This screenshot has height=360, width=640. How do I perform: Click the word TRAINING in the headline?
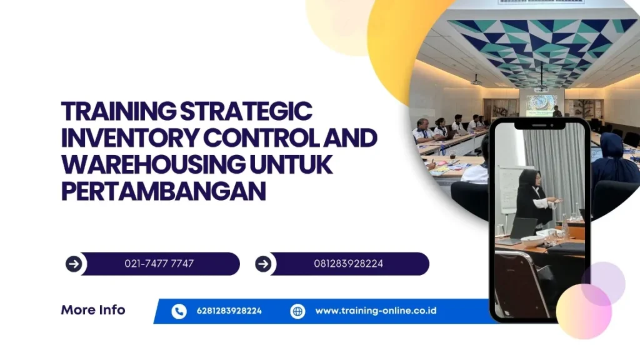pyautogui.click(x=118, y=111)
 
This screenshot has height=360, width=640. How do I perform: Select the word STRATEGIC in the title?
pyautogui.click(x=246, y=111)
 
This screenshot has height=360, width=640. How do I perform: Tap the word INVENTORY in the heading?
pyautogui.click(x=130, y=138)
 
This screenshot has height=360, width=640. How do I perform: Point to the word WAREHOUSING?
pyautogui.click(x=154, y=164)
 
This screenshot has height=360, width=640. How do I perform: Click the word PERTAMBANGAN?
pyautogui.click(x=163, y=191)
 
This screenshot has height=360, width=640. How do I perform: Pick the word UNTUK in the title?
pyautogui.click(x=291, y=164)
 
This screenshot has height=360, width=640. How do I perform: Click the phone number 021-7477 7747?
pyautogui.click(x=159, y=264)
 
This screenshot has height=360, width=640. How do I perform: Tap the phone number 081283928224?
pyautogui.click(x=349, y=264)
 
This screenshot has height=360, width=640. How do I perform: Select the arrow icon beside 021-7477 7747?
pyautogui.click(x=74, y=264)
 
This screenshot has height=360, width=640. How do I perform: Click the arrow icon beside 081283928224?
pyautogui.click(x=263, y=264)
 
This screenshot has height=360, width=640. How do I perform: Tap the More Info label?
pyautogui.click(x=93, y=310)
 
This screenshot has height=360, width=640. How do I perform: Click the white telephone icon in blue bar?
pyautogui.click(x=179, y=311)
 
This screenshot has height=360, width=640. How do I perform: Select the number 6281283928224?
pyautogui.click(x=229, y=311)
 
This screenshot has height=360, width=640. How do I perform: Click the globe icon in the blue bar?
pyautogui.click(x=297, y=311)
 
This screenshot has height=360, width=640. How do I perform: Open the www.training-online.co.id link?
pyautogui.click(x=376, y=311)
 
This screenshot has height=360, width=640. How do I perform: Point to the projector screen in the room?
pyautogui.click(x=541, y=104)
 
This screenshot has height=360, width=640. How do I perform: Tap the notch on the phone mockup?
pyautogui.click(x=539, y=125)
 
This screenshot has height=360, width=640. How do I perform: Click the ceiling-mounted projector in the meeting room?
pyautogui.click(x=476, y=81)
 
